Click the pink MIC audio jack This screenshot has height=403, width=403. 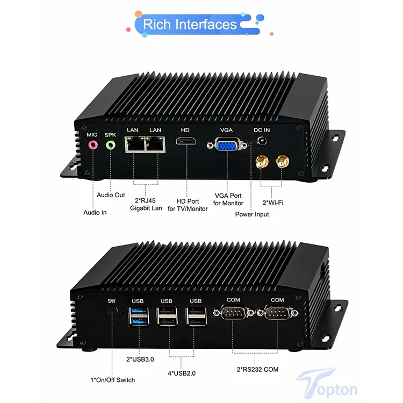pyautogui.click(x=92, y=144)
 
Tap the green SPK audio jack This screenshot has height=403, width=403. pyautogui.click(x=111, y=144)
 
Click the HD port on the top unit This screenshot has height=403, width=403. pyautogui.click(x=185, y=142)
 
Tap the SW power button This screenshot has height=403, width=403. pyautogui.click(x=112, y=312)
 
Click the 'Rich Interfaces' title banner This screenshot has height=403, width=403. pyautogui.click(x=190, y=24)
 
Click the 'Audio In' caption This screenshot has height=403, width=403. pyautogui.click(x=95, y=213)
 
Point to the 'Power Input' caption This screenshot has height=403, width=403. pyautogui.click(x=252, y=214)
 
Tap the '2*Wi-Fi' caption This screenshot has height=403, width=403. pyautogui.click(x=272, y=203)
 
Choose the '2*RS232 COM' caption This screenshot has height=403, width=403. pyautogui.click(x=258, y=369)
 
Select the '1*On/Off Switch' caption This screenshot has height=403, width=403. pyautogui.click(x=112, y=380)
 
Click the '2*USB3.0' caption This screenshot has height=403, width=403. pyautogui.click(x=140, y=359)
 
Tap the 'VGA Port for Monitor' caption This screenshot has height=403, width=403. pyautogui.click(x=228, y=199)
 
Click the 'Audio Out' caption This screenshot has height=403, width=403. pyautogui.click(x=111, y=195)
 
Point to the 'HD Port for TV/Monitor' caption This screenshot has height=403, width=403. pyautogui.click(x=188, y=204)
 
